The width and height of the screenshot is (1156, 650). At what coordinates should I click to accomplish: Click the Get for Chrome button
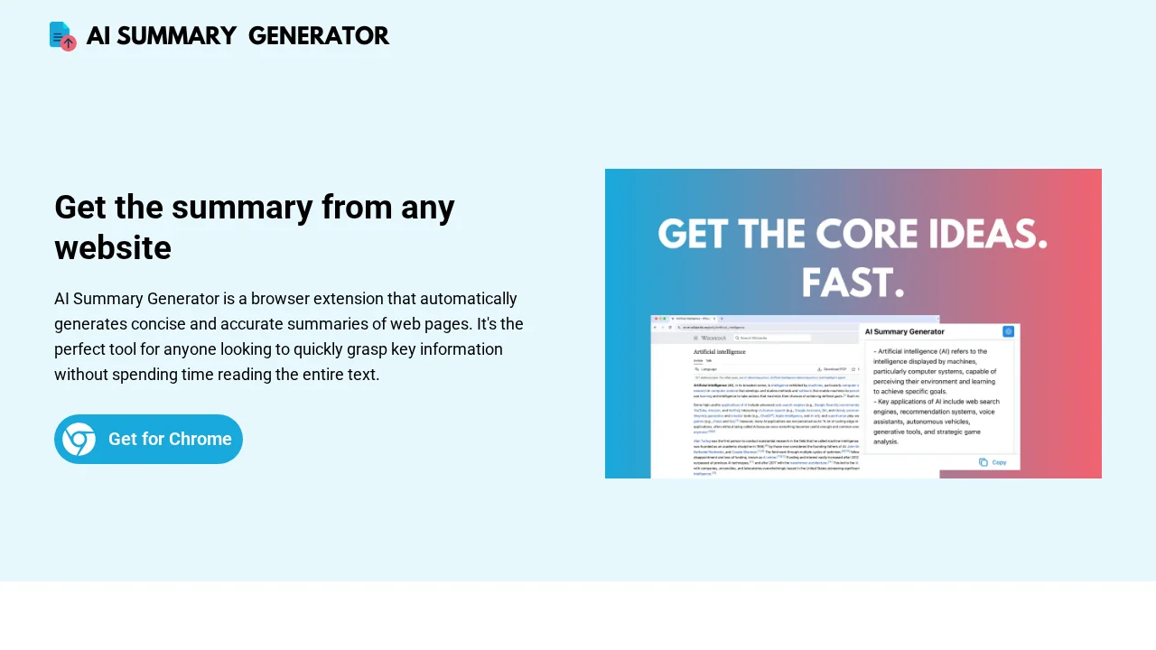coord(149,440)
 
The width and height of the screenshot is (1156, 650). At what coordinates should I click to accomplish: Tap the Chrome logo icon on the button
coord(79,440)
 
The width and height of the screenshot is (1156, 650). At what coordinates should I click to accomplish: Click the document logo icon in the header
coord(62,36)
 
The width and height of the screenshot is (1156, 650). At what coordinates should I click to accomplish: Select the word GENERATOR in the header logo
coord(318,36)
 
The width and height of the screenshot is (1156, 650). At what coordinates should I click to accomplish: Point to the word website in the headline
coord(113,247)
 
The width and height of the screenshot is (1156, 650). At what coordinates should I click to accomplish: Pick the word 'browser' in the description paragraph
coord(279,299)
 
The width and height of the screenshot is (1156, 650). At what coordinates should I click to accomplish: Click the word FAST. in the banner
coord(853,283)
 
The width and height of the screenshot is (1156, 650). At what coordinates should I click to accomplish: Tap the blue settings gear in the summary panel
coord(1009,331)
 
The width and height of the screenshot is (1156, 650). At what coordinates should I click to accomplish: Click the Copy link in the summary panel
coord(993,462)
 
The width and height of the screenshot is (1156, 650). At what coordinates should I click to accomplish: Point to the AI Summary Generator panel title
coord(905,332)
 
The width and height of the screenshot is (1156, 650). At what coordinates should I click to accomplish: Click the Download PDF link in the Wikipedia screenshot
coord(833,369)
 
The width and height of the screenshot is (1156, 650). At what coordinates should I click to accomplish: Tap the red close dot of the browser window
coord(655,319)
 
